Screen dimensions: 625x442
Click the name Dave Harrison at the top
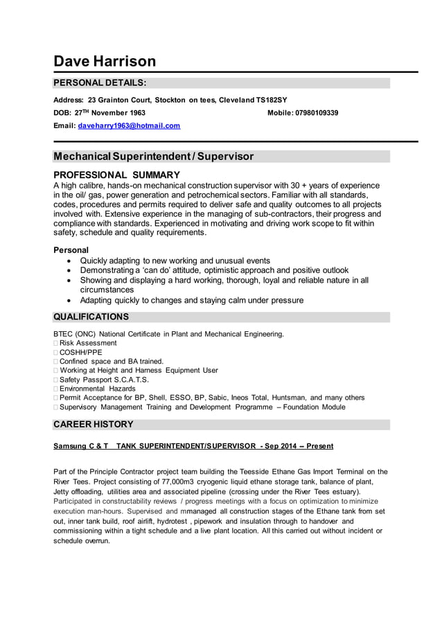click(x=105, y=61)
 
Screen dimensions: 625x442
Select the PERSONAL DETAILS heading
click(x=100, y=83)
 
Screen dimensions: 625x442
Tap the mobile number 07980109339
click(x=317, y=112)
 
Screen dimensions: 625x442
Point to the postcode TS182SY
click(x=272, y=100)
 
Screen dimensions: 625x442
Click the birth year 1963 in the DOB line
click(x=135, y=112)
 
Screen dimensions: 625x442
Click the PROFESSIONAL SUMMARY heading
click(x=116, y=175)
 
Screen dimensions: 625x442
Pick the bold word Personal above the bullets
click(x=71, y=249)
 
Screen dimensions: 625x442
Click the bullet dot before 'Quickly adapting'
click(x=67, y=261)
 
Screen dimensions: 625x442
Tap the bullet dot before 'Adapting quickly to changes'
click(x=67, y=301)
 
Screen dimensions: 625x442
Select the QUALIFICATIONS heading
click(x=91, y=317)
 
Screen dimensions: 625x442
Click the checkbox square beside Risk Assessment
click(x=55, y=343)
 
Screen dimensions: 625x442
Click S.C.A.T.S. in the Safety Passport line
click(x=130, y=380)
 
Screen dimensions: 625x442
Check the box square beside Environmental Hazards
click(x=55, y=389)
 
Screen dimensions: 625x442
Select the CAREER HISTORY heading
click(x=94, y=424)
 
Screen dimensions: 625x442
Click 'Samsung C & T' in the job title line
click(x=81, y=446)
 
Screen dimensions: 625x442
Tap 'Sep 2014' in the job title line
click(x=282, y=446)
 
